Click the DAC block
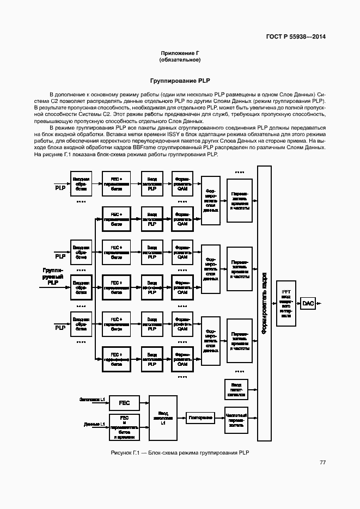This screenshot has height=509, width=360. tap(308, 303)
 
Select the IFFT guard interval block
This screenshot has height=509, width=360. tap(286, 303)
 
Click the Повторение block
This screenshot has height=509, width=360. tap(200, 418)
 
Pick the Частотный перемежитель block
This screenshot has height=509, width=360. tap(236, 418)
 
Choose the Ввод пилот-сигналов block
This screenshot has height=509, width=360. tap(236, 389)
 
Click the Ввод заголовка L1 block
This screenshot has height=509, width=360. tap(163, 418)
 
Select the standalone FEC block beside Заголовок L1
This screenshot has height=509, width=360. tap(124, 403)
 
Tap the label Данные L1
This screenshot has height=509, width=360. tap(95, 424)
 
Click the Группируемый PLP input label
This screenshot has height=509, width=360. tap(53, 277)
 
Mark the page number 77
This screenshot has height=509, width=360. tap(323, 462)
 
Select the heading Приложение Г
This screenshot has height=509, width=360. tap(179, 53)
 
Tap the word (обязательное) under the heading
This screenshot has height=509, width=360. tap(179, 59)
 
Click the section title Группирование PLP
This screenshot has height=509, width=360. tap(179, 81)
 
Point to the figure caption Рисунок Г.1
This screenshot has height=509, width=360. tap(179, 453)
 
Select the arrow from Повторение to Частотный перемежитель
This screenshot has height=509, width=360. tap(219, 418)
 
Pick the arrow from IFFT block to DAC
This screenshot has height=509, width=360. tap(298, 303)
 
